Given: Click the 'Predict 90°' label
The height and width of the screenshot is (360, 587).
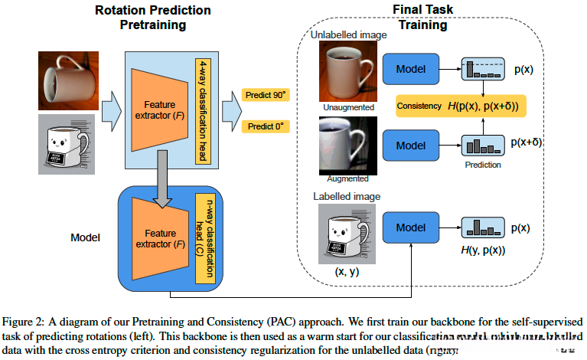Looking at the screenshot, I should (265, 94).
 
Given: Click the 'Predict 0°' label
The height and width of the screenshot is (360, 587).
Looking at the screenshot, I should (264, 126).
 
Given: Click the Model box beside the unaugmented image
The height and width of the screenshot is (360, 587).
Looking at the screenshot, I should (409, 69).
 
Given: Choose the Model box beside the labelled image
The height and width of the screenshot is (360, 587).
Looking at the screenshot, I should (409, 227).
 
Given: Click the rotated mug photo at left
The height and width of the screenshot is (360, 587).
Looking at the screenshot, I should (67, 77).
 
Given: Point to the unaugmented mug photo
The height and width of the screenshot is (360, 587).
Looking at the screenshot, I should (344, 73).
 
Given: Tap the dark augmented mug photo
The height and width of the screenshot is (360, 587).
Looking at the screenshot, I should (343, 146).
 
